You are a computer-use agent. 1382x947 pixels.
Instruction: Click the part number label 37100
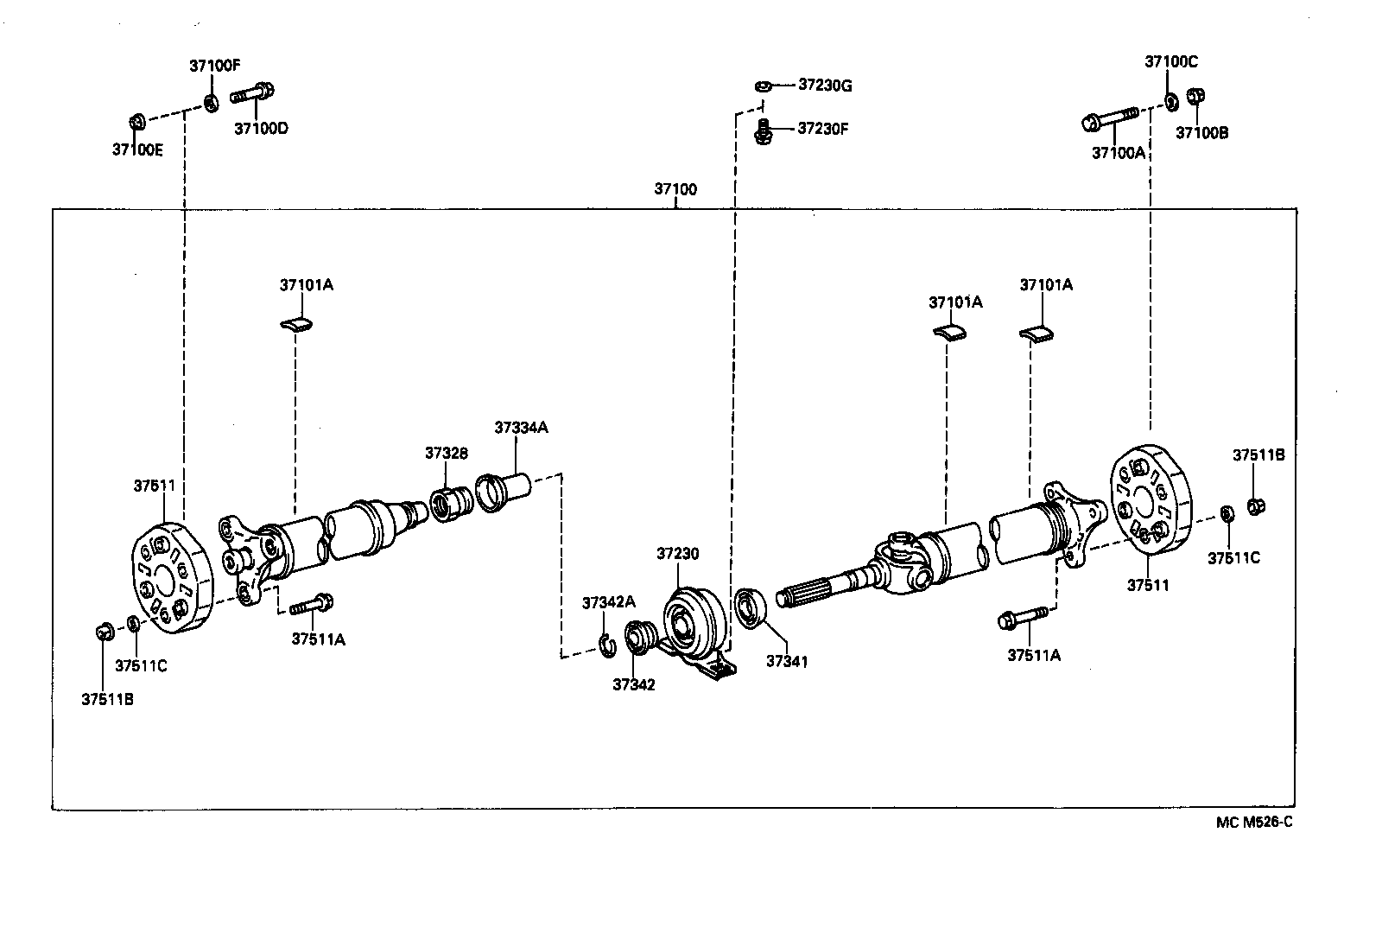point(675,189)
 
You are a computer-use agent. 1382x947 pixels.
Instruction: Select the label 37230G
point(825,85)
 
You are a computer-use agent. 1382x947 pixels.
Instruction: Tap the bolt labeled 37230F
point(763,130)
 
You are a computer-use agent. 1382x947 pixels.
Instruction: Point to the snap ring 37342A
point(607,643)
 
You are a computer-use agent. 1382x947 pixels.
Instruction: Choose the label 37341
point(786,661)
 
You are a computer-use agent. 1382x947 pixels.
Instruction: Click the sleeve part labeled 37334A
point(502,493)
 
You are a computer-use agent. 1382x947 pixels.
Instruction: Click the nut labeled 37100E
point(136,120)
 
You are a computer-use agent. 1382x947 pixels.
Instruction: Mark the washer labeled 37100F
point(211,103)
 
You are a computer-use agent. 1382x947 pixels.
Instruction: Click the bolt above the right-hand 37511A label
point(1023,619)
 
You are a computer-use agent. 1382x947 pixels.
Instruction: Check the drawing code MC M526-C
point(1253,822)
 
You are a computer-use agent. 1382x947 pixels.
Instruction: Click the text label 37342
point(633,684)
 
